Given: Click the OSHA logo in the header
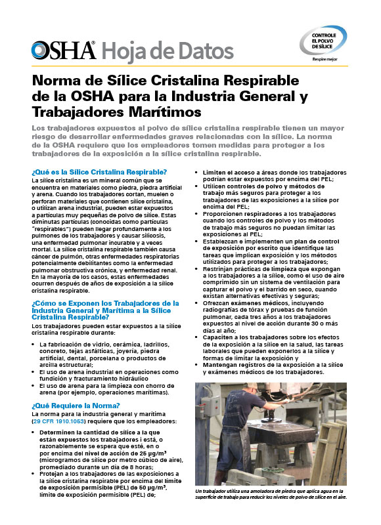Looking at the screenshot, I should (x=63, y=49).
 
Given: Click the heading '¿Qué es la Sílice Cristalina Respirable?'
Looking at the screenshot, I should (x=99, y=172).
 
